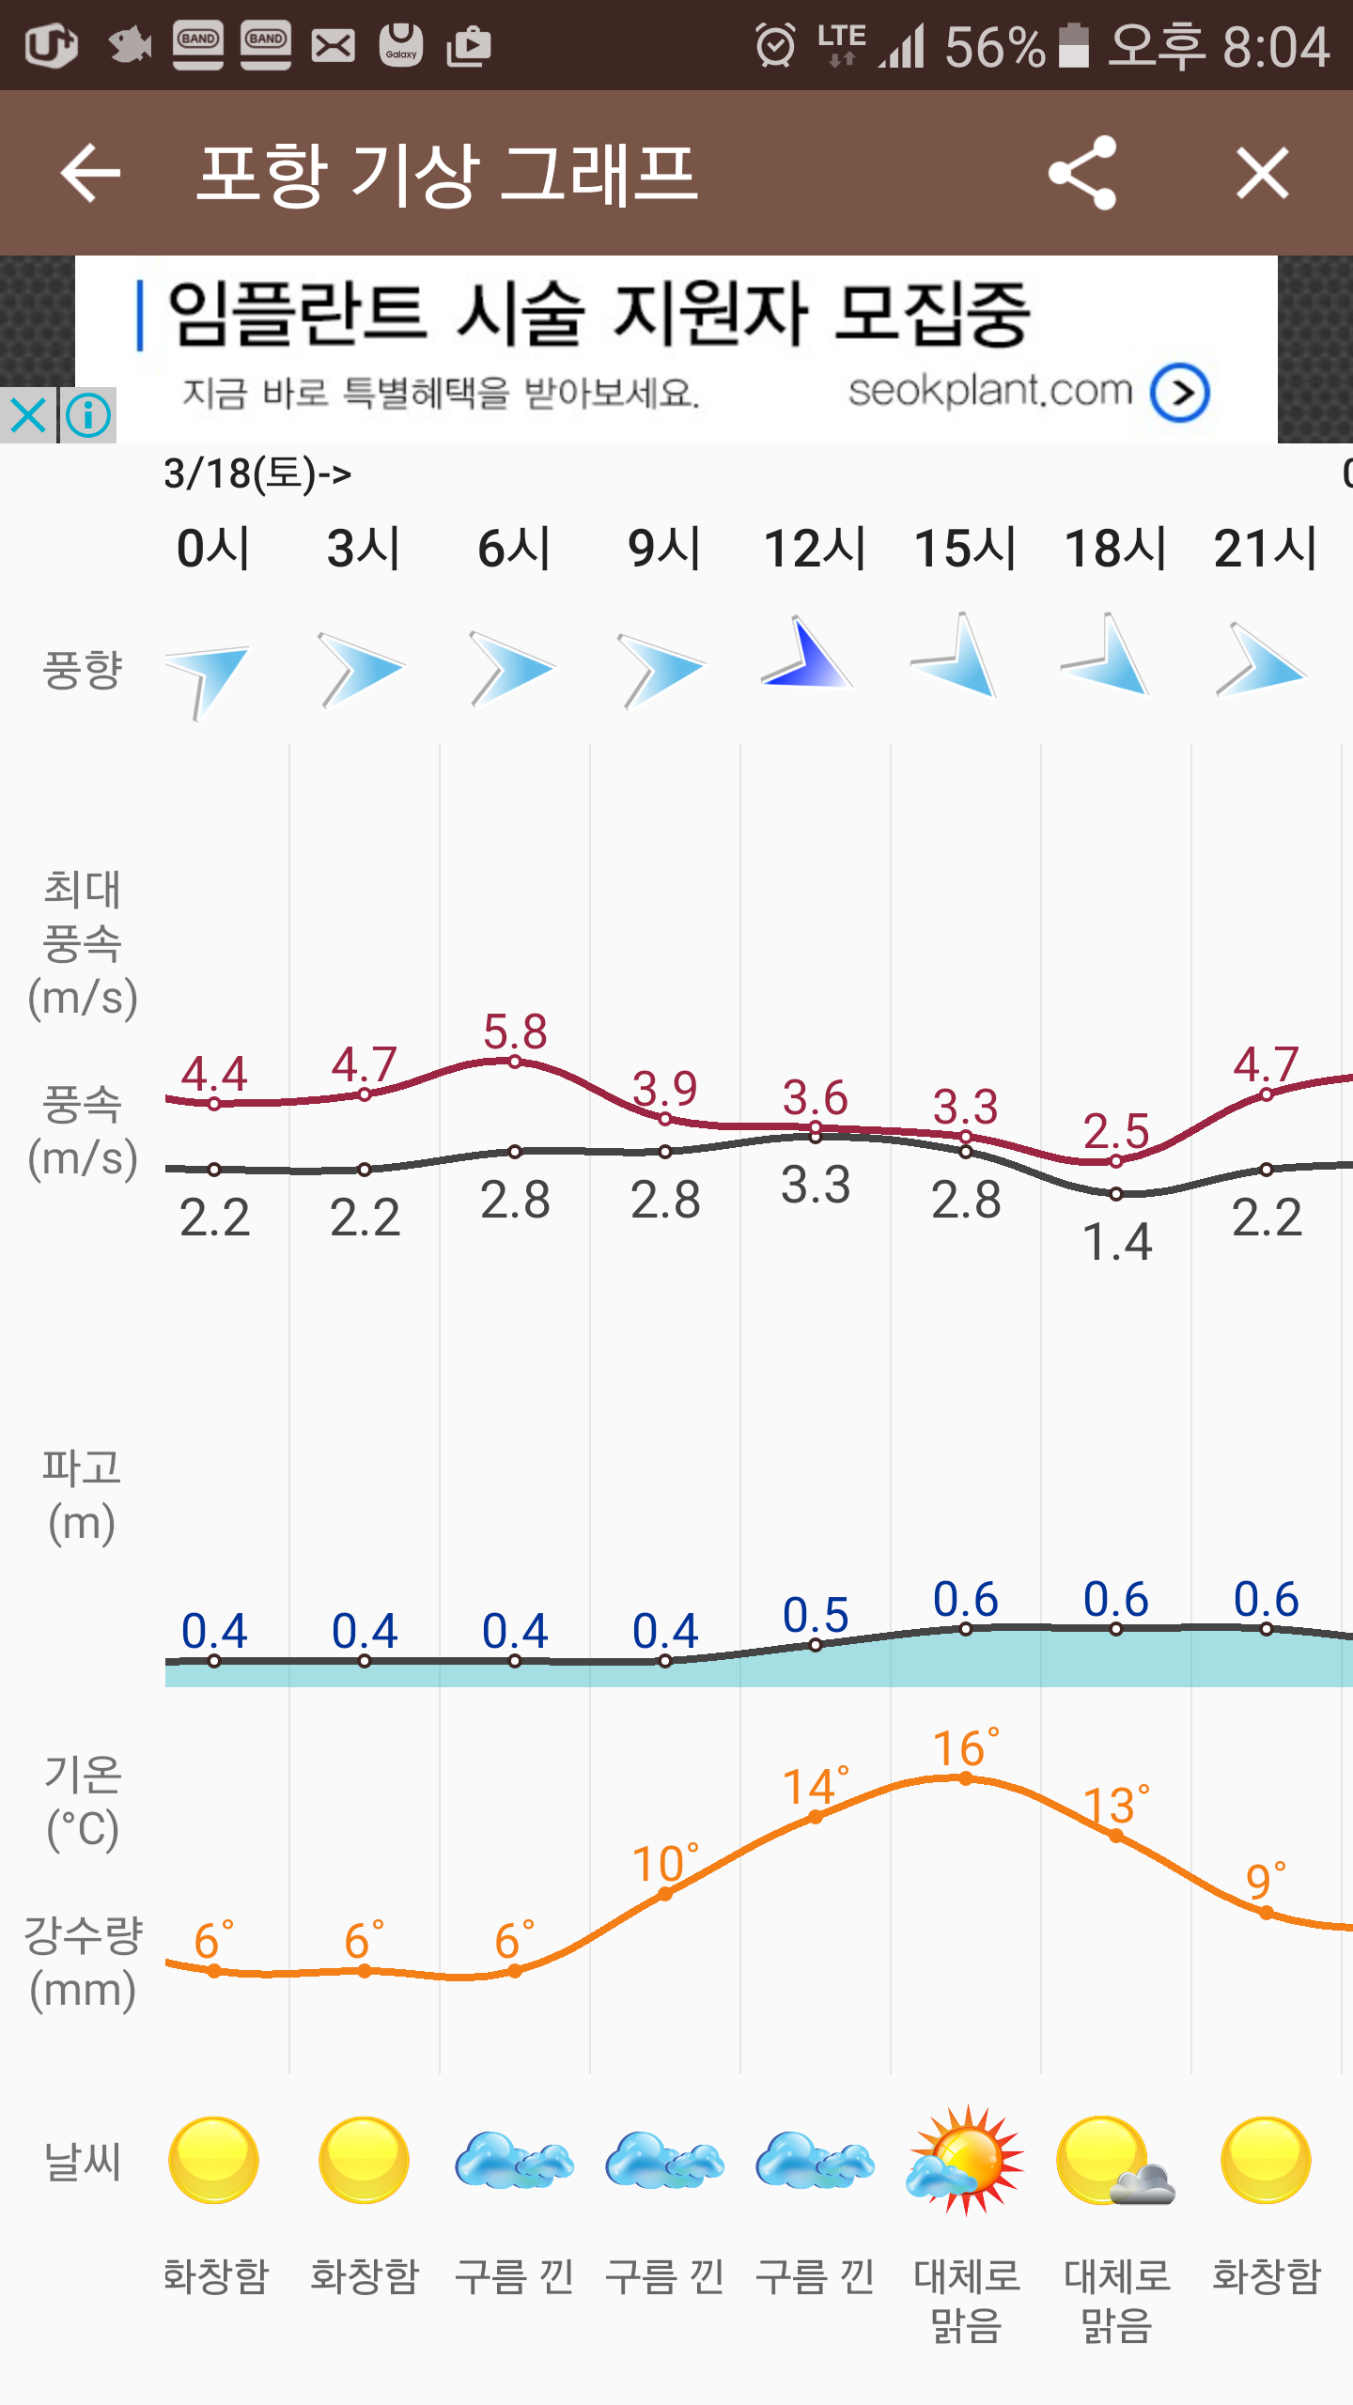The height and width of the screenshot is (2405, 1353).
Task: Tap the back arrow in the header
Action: pos(90,173)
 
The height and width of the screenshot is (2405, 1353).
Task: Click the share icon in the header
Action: pos(1083,173)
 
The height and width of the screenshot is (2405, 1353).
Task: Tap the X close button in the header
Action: pos(1262,173)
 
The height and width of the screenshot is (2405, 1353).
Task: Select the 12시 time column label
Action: pos(815,548)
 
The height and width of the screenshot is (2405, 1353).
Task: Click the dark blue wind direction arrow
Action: pos(806,655)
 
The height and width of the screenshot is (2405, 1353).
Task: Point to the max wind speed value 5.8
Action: pos(515,1032)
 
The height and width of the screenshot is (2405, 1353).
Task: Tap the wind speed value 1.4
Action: pos(1116,1242)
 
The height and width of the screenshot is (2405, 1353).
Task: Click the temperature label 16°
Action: pos(966,1749)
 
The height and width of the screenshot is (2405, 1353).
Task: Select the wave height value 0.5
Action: pos(816,1616)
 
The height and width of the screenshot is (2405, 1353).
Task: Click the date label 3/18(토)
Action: pos(257,473)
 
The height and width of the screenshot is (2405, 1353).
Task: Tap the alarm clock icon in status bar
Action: pos(775,45)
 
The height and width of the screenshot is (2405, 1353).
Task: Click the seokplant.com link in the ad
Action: pos(990,391)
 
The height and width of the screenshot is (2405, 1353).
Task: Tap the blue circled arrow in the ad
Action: pos(1180,393)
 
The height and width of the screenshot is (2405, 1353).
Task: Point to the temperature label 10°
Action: pos(665,1864)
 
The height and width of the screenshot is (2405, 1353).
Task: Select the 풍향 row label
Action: pos(83,670)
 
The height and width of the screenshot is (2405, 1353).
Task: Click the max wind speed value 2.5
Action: pos(1116,1131)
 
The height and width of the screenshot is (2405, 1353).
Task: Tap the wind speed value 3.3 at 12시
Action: pos(816,1185)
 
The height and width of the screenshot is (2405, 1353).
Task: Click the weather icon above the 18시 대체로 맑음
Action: pos(1115,2161)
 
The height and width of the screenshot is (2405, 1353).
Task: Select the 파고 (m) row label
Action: pos(83,1496)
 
